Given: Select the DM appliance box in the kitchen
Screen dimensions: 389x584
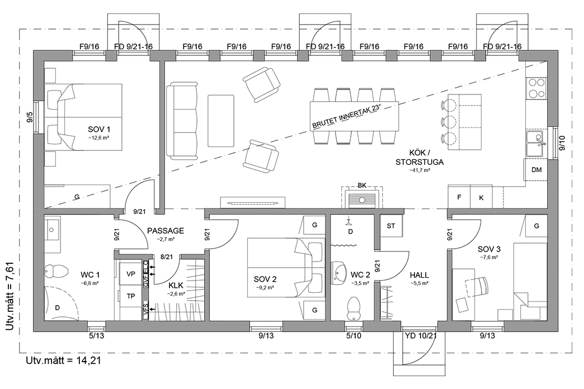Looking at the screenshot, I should click(x=536, y=170).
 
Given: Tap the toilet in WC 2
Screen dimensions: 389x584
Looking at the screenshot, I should click(x=354, y=307).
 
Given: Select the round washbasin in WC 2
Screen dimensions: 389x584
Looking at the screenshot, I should click(x=340, y=273).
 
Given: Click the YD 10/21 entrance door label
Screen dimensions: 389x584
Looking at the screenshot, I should click(x=419, y=336).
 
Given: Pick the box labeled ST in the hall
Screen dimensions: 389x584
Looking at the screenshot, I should click(x=392, y=226).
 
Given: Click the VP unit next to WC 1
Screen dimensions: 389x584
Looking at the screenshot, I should click(x=131, y=274).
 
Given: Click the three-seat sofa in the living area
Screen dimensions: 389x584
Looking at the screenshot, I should click(x=182, y=114).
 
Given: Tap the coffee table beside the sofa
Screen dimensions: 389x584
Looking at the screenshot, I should click(x=221, y=114).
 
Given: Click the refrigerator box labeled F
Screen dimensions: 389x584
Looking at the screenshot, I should click(x=459, y=197).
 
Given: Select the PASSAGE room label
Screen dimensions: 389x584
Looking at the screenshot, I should click(x=166, y=230).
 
